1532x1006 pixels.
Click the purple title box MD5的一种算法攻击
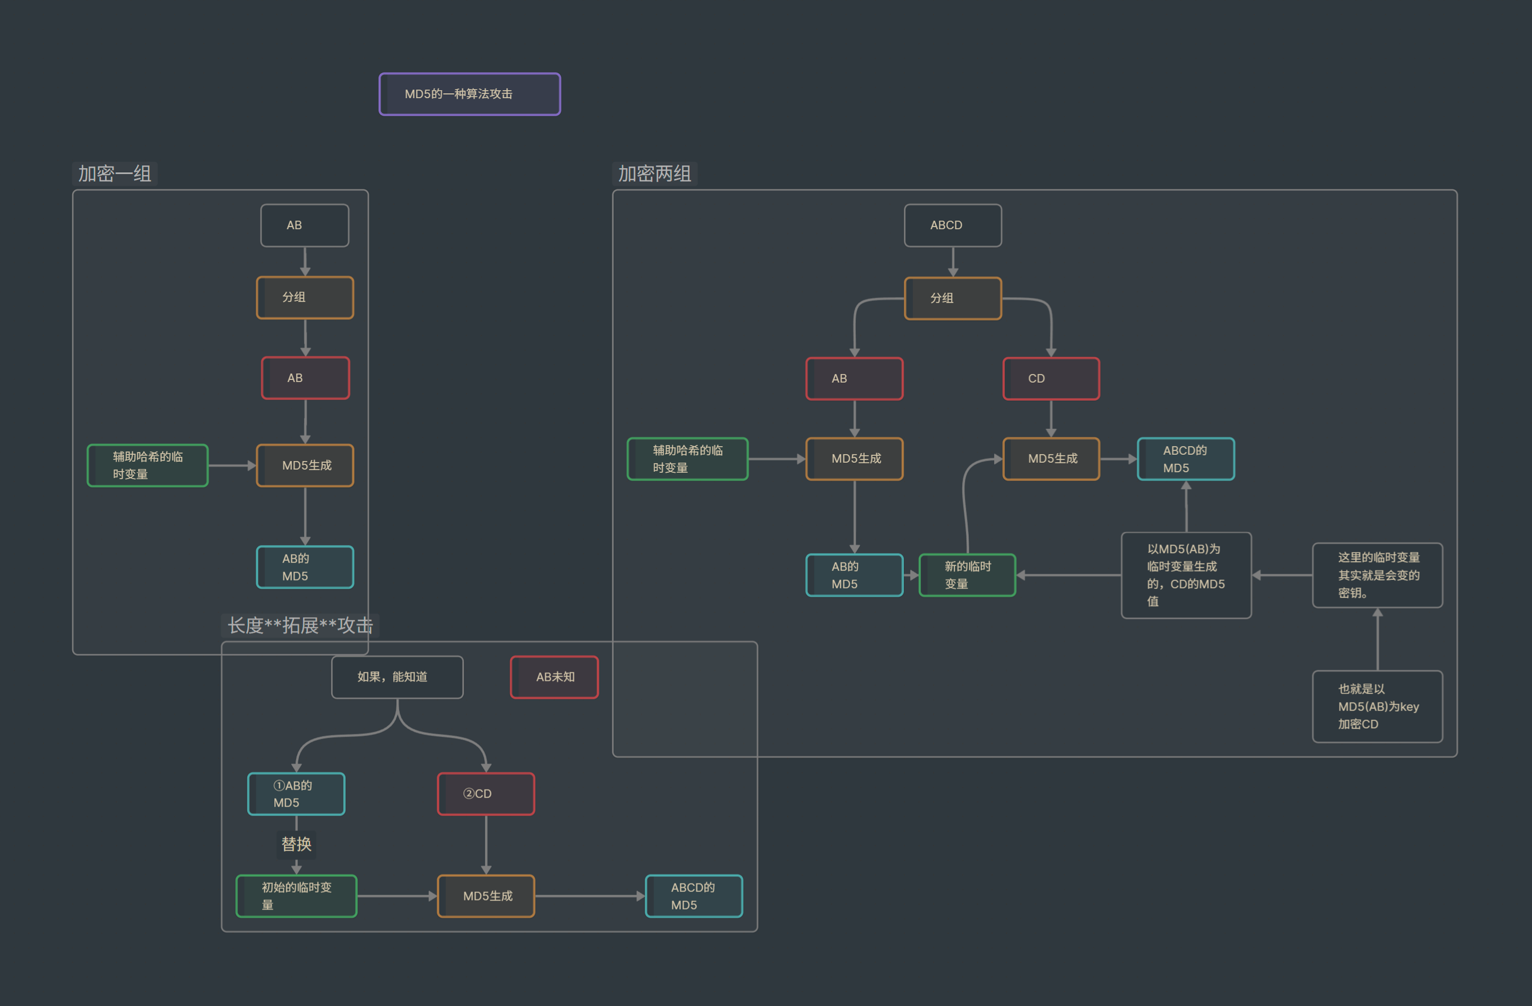469,94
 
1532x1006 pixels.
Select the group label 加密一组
115,174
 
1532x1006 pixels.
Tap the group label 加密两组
654,174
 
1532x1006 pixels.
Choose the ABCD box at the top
952,225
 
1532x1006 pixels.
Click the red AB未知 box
554,677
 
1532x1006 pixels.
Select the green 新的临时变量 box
967,575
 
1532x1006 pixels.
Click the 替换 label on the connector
296,844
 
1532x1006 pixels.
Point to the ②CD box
485,794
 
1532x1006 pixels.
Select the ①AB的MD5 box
296,794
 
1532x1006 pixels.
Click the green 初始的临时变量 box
296,895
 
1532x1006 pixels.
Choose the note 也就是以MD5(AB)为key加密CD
1377,706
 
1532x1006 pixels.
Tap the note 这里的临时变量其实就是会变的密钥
1377,575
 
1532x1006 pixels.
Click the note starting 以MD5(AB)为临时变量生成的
1186,575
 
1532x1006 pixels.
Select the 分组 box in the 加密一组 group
304,297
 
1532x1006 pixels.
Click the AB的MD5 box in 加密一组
304,567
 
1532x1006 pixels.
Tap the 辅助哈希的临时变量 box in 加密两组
687,458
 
